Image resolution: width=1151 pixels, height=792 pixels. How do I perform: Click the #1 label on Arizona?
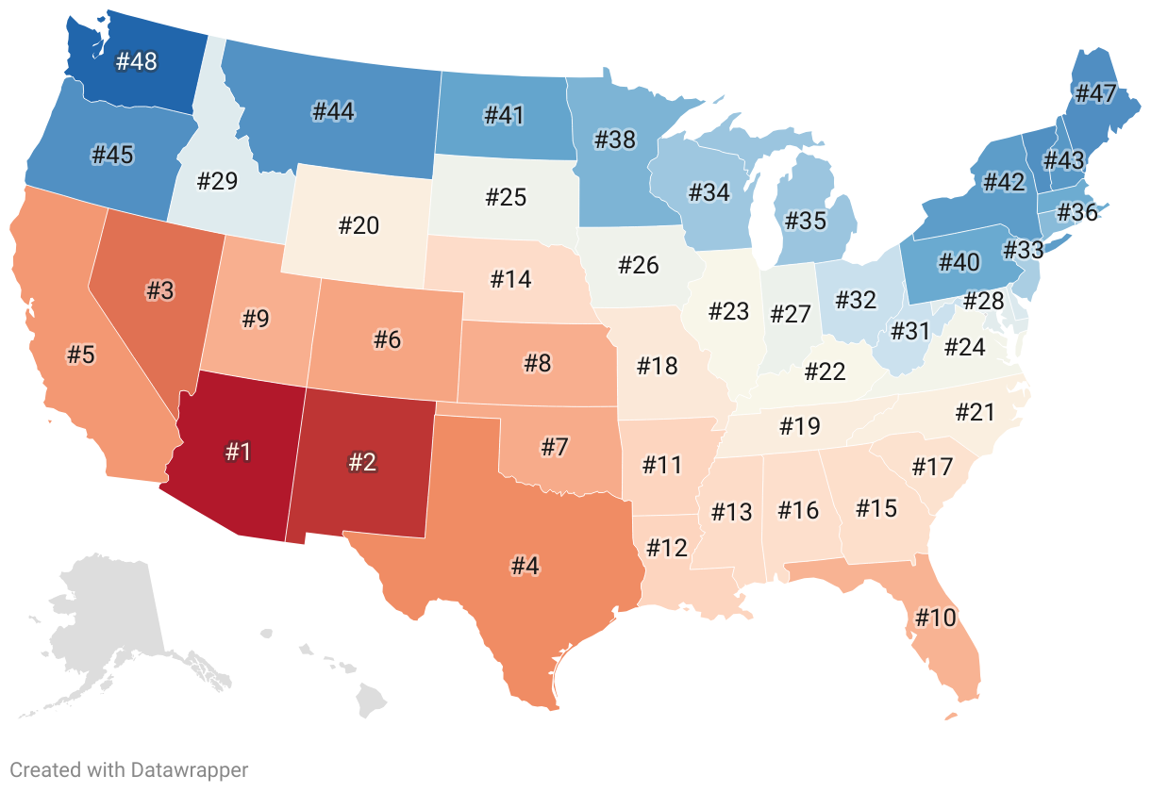point(238,452)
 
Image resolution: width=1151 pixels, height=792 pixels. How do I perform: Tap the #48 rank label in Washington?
point(136,62)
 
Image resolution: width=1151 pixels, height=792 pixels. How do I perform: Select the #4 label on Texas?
point(525,567)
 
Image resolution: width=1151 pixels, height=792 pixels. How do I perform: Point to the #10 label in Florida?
point(935,618)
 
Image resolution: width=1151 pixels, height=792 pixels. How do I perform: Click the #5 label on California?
point(80,355)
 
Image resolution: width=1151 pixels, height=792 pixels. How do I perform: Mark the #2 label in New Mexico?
point(362,462)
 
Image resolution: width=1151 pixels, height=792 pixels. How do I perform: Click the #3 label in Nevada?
point(159,290)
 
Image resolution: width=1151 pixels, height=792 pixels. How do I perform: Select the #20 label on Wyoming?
point(359,225)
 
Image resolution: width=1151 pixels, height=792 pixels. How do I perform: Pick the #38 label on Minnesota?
point(615,140)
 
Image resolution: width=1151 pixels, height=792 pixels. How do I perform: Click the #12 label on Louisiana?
point(666,547)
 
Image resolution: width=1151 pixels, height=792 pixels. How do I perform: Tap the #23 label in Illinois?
point(728,311)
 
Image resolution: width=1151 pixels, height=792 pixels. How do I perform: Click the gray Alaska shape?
point(104,632)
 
